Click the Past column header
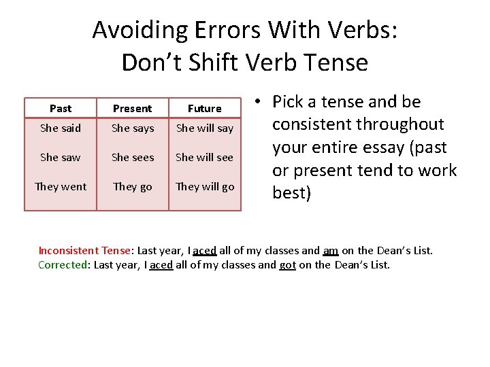point(61,108)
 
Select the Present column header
point(133,108)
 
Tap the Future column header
point(205,108)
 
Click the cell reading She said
point(61,128)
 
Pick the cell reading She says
point(133,128)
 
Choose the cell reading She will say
point(205,128)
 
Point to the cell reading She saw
point(61,157)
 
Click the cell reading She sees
point(133,157)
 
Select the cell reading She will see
point(205,157)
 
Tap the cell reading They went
point(61,186)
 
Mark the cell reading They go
point(133,186)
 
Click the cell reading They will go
point(205,186)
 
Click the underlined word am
point(330,251)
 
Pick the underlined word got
point(287,265)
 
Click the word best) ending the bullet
point(291,193)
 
